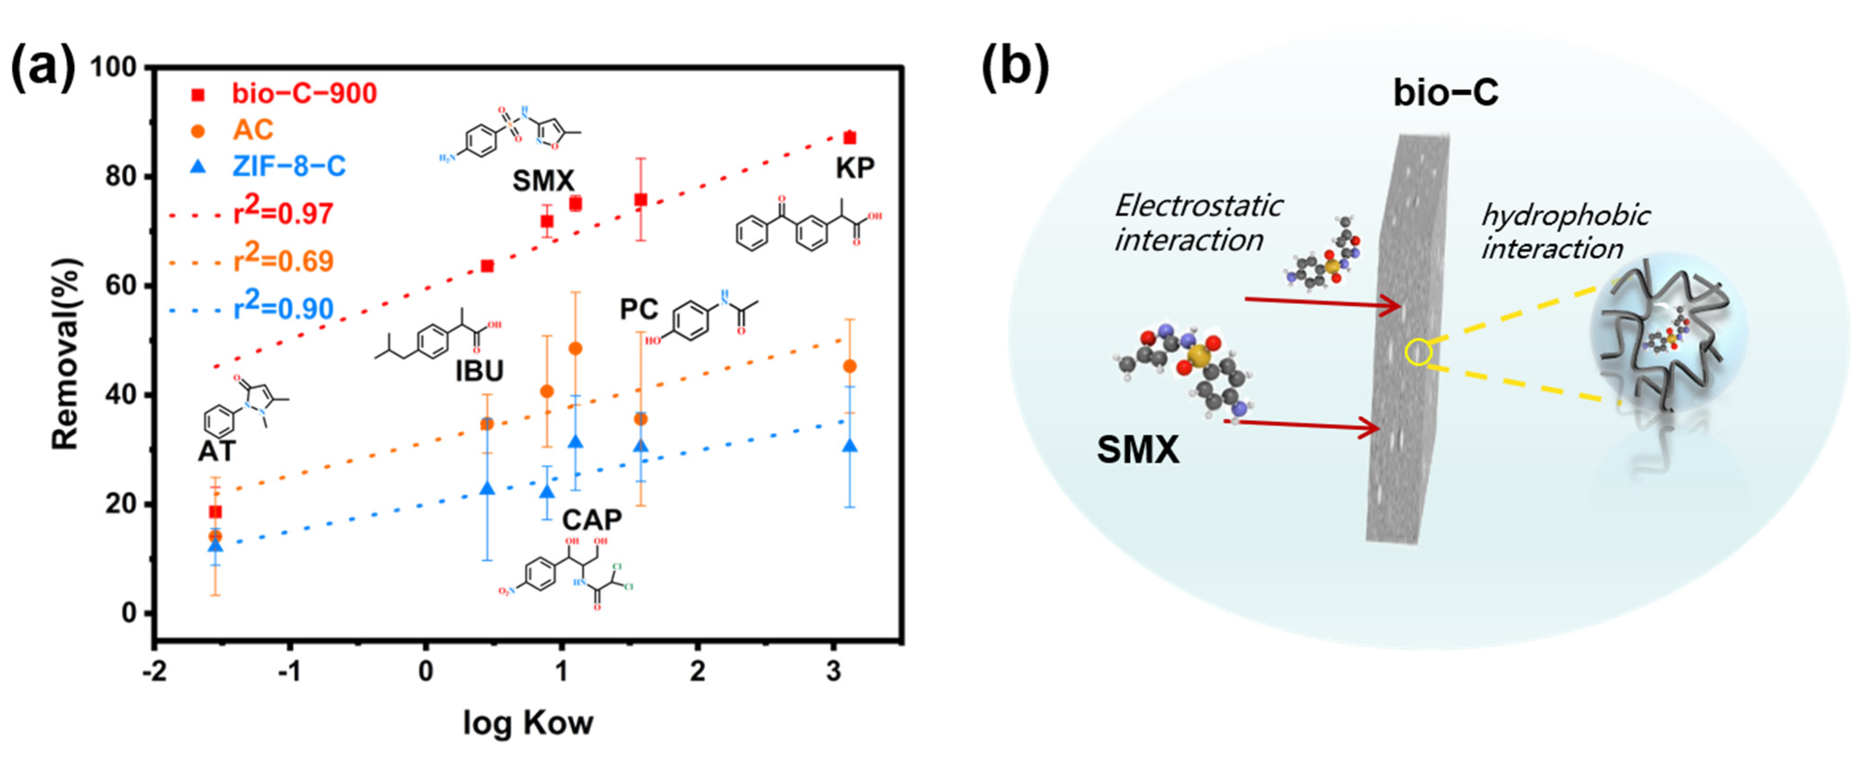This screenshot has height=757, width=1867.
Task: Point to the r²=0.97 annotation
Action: point(283,212)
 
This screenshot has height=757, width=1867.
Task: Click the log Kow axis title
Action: point(528,723)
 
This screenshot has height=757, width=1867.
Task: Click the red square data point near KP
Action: point(850,138)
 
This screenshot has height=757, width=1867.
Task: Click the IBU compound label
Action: point(479,371)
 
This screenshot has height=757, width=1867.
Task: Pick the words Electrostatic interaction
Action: point(1197,223)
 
